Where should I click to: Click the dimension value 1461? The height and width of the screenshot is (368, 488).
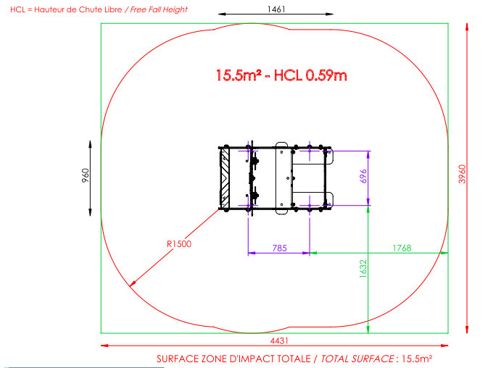click(x=276, y=9)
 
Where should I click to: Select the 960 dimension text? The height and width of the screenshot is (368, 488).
click(x=86, y=175)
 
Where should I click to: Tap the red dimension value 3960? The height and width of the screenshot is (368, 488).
click(x=462, y=174)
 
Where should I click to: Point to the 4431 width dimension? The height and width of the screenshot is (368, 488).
click(x=279, y=341)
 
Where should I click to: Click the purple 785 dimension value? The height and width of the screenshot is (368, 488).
click(x=279, y=248)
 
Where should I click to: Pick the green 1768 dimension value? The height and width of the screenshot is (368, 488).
click(x=402, y=248)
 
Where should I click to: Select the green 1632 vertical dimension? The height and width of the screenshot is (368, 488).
click(x=363, y=269)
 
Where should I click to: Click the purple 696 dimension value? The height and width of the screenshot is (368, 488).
click(x=363, y=176)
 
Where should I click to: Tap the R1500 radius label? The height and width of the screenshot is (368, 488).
click(x=179, y=244)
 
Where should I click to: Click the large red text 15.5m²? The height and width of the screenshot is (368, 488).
click(x=239, y=75)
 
